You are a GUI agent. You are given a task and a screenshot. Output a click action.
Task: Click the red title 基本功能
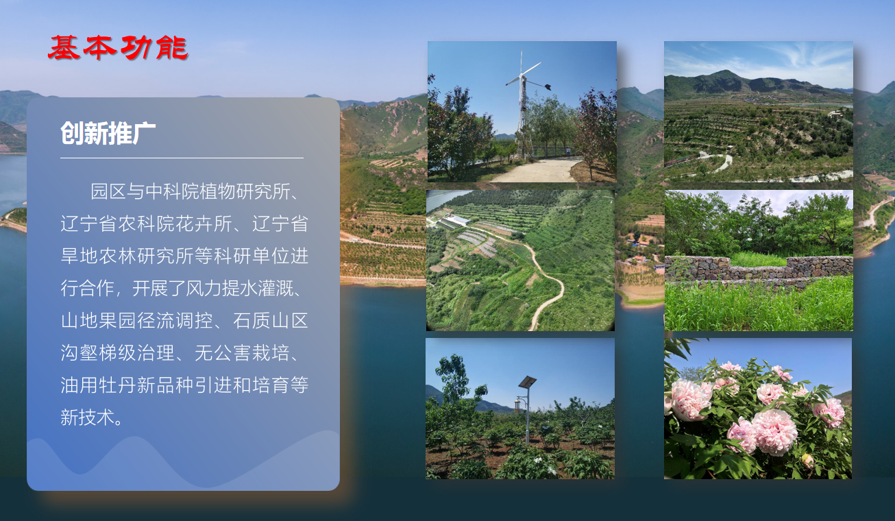pyautogui.click(x=118, y=48)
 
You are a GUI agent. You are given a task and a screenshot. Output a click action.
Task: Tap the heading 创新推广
pyautogui.click(x=108, y=133)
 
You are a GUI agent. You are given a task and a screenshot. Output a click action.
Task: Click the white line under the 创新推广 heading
pyautogui.click(x=182, y=158)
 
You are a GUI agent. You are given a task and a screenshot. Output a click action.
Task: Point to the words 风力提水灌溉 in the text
pyautogui.click(x=240, y=288)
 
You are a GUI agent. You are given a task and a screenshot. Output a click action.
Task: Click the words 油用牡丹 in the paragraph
pyautogui.click(x=99, y=385)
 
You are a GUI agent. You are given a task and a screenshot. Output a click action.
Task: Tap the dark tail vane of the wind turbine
pyautogui.click(x=547, y=86)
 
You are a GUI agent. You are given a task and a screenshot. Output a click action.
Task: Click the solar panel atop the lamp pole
pyautogui.click(x=527, y=382)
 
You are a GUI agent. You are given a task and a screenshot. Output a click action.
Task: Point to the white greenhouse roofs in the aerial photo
pyautogui.click(x=456, y=220)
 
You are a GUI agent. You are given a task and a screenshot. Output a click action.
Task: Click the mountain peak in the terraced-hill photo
pyautogui.click(x=725, y=72)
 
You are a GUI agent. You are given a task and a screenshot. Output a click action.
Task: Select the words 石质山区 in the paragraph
pyautogui.click(x=271, y=320)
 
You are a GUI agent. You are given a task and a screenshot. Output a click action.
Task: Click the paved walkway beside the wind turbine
pyautogui.click(x=535, y=171)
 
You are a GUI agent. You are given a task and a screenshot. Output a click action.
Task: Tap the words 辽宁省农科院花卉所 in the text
pyautogui.click(x=146, y=223)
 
